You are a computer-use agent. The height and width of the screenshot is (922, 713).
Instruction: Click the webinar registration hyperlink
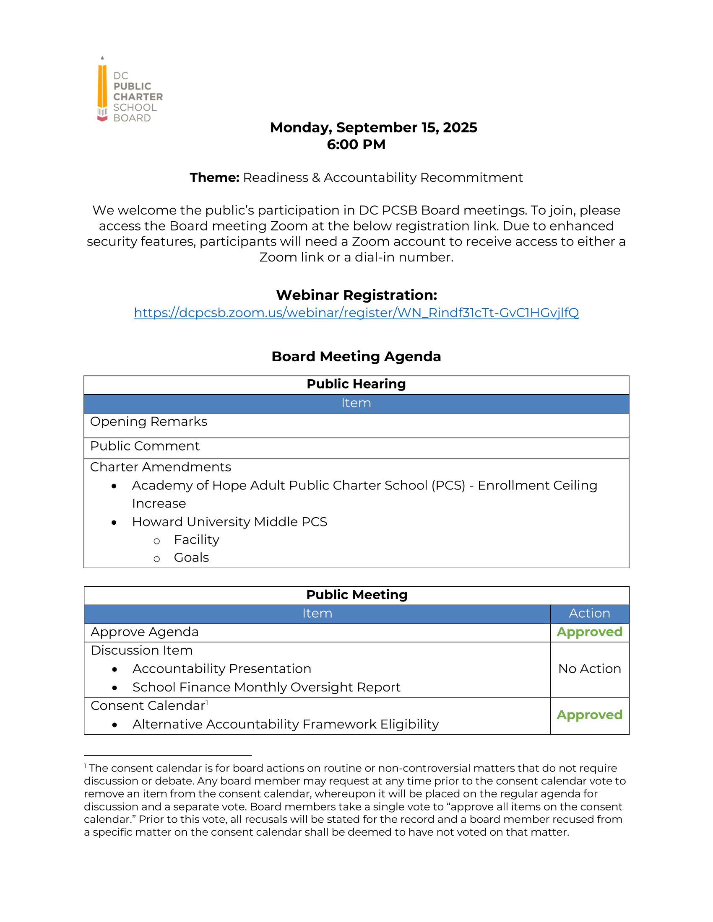(356, 312)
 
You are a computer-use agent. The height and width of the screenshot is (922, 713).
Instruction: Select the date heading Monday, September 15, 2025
(373, 127)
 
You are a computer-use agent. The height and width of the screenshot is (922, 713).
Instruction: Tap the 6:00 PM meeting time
(356, 145)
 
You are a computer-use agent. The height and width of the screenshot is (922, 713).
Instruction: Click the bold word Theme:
(215, 178)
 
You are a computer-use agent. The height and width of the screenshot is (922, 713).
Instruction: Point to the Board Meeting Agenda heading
(356, 356)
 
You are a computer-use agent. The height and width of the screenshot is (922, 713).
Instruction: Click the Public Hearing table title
(356, 384)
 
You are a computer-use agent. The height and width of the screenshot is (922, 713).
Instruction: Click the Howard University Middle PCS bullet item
(229, 522)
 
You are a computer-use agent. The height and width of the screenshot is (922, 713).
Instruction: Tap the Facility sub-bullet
(196, 540)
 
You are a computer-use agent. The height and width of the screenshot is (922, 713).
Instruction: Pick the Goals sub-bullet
(191, 558)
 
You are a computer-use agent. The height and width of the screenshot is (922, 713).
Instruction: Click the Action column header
(589, 614)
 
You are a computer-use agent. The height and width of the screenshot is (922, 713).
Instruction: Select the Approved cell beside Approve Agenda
(589, 632)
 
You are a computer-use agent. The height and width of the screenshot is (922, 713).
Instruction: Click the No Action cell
(589, 669)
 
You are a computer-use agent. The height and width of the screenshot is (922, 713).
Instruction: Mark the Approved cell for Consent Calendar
(589, 715)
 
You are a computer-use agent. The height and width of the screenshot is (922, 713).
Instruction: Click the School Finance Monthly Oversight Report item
(266, 687)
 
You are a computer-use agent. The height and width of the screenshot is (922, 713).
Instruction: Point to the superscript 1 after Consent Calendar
(207, 702)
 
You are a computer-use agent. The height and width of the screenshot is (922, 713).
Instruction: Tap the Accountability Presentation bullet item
(222, 669)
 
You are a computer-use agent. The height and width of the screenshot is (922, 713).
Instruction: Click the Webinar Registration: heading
(356, 295)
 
